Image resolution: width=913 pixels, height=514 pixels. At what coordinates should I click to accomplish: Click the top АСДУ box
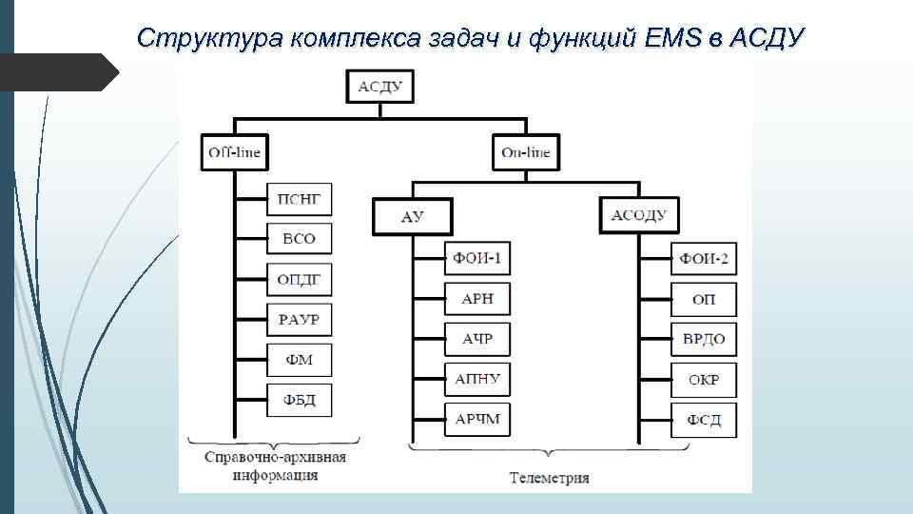[x=380, y=89]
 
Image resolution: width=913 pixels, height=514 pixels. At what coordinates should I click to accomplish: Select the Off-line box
[x=234, y=152]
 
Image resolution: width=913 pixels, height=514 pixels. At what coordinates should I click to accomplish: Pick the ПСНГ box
[x=299, y=199]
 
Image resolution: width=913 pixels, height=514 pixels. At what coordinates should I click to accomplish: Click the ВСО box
[x=299, y=239]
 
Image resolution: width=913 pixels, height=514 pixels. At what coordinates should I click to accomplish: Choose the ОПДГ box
[x=299, y=279]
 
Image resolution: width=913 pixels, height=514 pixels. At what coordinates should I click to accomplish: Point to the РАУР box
[x=299, y=319]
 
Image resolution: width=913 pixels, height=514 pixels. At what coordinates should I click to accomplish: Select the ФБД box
[x=299, y=400]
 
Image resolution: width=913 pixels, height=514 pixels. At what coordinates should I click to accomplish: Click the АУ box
[x=413, y=216]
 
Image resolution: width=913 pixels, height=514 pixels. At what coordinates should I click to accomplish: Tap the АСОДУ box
[x=639, y=215]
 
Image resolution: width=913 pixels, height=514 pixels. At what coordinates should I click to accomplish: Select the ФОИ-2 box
[x=705, y=258]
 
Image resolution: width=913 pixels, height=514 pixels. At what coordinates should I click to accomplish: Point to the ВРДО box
[x=705, y=339]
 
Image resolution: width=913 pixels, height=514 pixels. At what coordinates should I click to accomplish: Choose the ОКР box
[x=705, y=380]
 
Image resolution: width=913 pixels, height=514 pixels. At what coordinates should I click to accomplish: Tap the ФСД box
[x=705, y=419]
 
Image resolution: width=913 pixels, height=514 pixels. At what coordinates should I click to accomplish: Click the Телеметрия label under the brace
[x=549, y=477]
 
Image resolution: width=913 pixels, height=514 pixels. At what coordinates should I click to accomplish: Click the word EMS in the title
[x=673, y=38]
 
